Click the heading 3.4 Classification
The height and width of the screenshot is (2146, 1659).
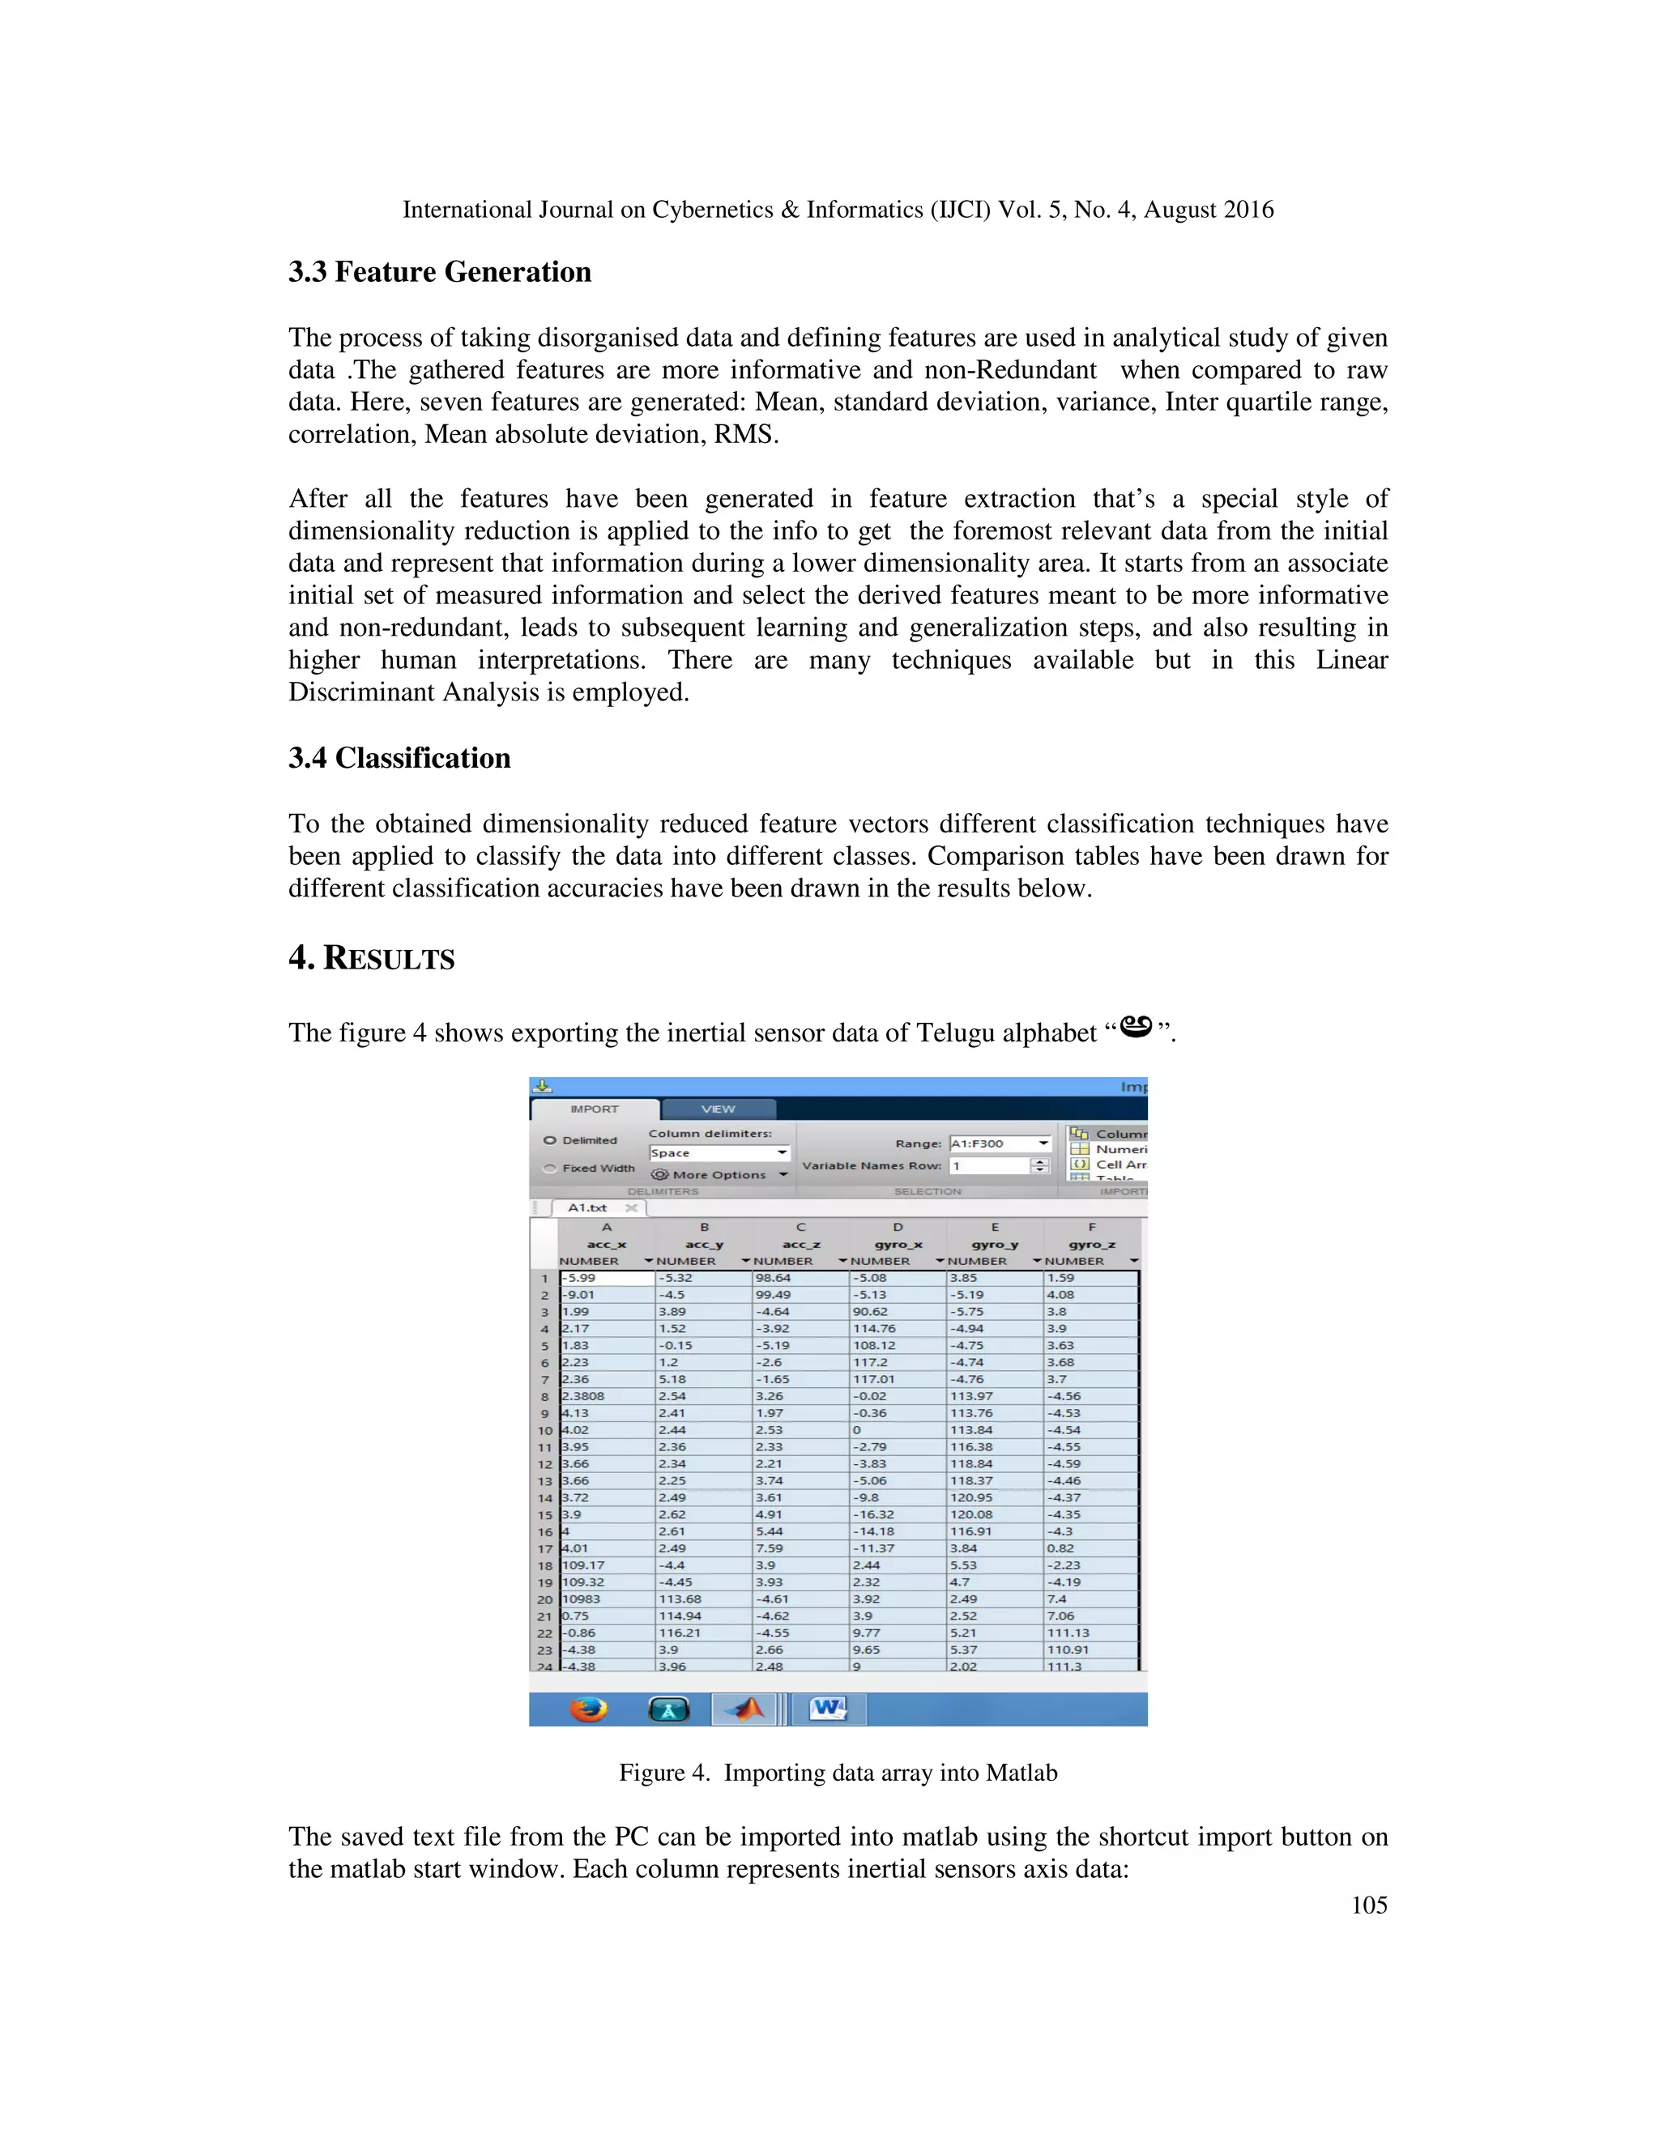click(x=399, y=759)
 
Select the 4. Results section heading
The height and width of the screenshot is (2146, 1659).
click(x=372, y=958)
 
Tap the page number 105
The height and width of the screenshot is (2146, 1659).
click(x=1368, y=1905)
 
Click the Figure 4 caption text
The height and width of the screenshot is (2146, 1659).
click(x=838, y=1773)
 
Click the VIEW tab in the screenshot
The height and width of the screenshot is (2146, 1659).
click(x=718, y=1109)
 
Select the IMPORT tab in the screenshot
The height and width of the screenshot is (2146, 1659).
click(x=595, y=1109)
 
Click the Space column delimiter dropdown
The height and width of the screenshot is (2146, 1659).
click(x=719, y=1152)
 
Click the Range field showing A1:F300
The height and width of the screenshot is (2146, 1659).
click(x=999, y=1143)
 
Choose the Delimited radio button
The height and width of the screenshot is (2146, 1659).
click(x=550, y=1141)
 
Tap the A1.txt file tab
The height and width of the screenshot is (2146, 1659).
click(x=588, y=1207)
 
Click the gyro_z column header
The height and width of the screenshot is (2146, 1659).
click(x=1091, y=1244)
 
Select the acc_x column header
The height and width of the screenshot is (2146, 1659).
click(x=607, y=1244)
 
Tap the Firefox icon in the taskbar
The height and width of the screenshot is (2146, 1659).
click(x=589, y=1710)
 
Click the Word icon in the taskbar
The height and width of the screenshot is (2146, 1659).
click(x=828, y=1710)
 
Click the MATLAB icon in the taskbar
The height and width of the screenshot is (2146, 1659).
click(x=745, y=1710)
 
